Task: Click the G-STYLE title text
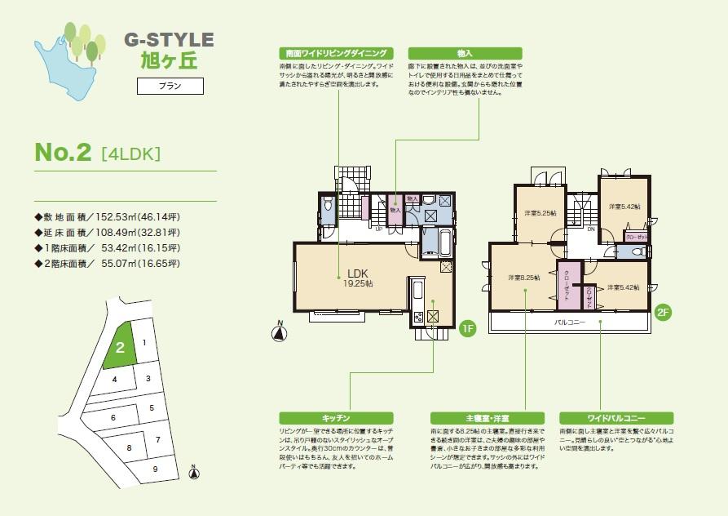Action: tap(169, 39)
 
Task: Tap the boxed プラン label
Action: tap(169, 85)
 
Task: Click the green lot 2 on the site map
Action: tap(119, 348)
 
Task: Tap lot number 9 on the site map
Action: tap(155, 469)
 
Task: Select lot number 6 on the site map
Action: tap(113, 416)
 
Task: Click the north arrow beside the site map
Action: tap(193, 471)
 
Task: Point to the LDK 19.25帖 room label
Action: tap(359, 278)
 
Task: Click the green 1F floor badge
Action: tap(467, 330)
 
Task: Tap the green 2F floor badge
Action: tap(662, 311)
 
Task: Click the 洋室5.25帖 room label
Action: tap(540, 213)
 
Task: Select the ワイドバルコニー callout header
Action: tap(604, 417)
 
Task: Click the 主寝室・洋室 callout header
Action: tap(476, 417)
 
